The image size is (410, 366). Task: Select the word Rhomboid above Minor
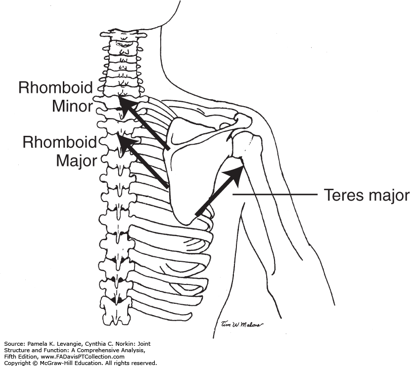coord(55,88)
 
